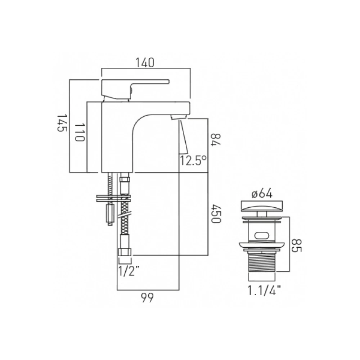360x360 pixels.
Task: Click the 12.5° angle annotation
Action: tap(194, 160)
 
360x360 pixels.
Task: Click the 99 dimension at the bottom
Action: tap(148, 297)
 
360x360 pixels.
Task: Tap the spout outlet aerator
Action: tap(179, 116)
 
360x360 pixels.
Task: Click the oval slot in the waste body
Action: tap(262, 236)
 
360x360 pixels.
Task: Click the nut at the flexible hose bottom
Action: tap(125, 252)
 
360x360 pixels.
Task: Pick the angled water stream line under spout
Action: tap(184, 137)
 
